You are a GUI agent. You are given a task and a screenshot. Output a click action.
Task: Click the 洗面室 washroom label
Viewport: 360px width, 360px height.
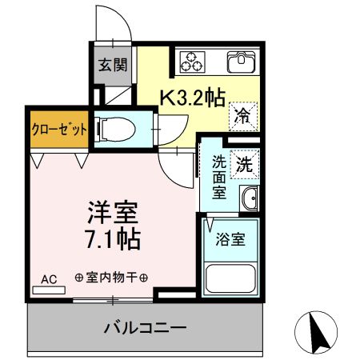[x=218, y=176]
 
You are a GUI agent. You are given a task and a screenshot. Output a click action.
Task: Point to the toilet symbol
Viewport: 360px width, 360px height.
[x=111, y=127]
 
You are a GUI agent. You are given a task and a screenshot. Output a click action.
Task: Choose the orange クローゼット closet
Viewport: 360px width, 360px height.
[x=59, y=128]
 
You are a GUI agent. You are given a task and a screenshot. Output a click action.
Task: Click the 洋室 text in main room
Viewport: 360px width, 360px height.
[x=113, y=214]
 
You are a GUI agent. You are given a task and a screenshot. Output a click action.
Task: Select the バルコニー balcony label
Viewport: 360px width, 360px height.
[x=146, y=328]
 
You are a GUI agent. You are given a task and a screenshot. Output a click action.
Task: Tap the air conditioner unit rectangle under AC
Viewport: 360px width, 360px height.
[x=48, y=290]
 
